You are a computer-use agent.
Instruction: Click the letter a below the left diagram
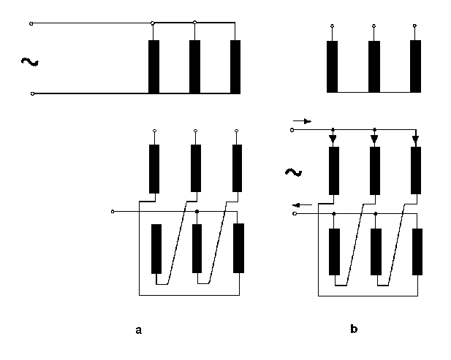pyautogui.click(x=139, y=330)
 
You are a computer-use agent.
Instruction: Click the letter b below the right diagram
pyautogui.click(x=354, y=329)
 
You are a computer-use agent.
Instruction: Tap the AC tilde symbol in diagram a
pyautogui.click(x=30, y=62)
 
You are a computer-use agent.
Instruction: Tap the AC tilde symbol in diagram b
pyautogui.click(x=293, y=172)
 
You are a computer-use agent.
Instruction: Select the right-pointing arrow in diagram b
pyautogui.click(x=302, y=121)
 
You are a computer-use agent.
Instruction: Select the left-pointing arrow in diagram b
pyautogui.click(x=302, y=205)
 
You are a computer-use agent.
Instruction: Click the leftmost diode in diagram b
pyautogui.click(x=333, y=139)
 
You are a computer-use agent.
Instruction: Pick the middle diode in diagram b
pyautogui.click(x=374, y=139)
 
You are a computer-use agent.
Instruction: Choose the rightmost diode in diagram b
pyautogui.click(x=415, y=139)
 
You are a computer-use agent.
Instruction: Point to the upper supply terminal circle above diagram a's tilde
pyautogui.click(x=31, y=23)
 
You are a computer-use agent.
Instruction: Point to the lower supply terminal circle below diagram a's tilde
pyautogui.click(x=32, y=93)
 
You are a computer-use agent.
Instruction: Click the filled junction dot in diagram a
pyautogui.click(x=197, y=212)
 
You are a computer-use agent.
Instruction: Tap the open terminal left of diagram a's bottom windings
pyautogui.click(x=113, y=212)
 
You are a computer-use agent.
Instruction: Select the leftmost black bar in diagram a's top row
pyautogui.click(x=154, y=66)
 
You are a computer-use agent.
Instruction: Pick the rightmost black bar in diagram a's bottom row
pyautogui.click(x=238, y=248)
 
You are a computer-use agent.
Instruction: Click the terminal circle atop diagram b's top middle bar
pyautogui.click(x=374, y=26)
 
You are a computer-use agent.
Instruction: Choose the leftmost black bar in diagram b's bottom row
pyautogui.click(x=334, y=252)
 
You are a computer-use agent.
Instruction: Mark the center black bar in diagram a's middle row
pyautogui.click(x=196, y=168)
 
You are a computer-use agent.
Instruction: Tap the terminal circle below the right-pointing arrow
pyautogui.click(x=292, y=130)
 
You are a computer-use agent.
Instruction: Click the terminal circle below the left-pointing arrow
pyautogui.click(x=295, y=213)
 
